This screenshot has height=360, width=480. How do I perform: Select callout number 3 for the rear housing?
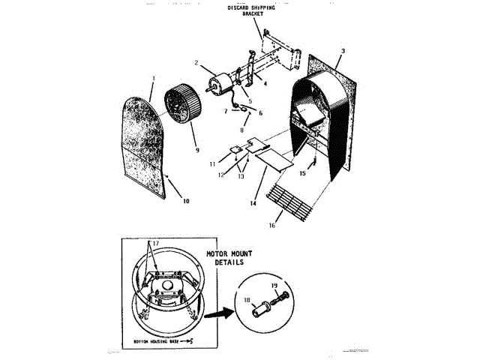pyautogui.click(x=342, y=51)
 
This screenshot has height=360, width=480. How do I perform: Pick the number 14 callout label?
pyautogui.click(x=253, y=203)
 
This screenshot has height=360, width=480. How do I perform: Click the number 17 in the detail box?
pyautogui.click(x=155, y=244)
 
